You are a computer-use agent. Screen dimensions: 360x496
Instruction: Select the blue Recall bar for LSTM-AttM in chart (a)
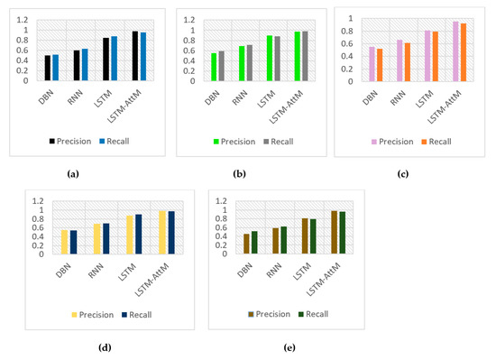142,57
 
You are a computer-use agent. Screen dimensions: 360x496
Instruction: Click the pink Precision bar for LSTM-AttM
455,51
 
